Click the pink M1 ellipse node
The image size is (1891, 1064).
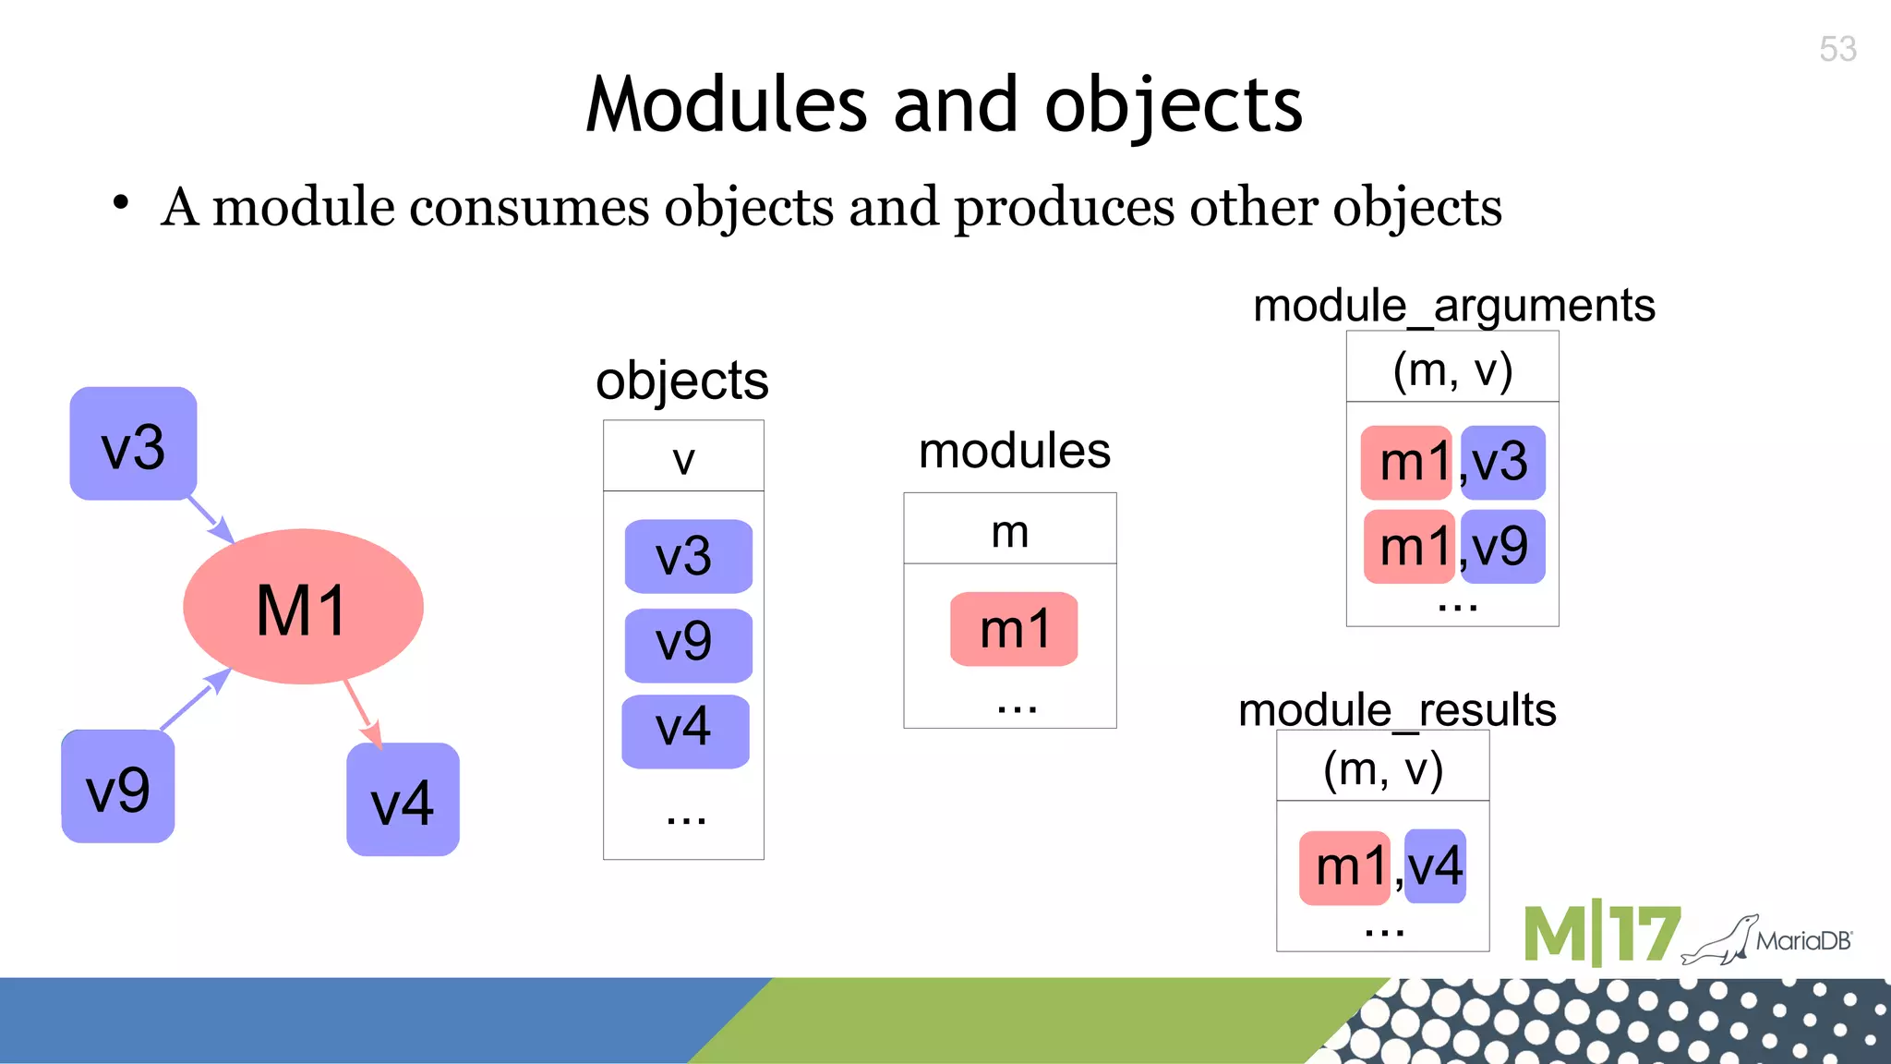pyautogui.click(x=303, y=607)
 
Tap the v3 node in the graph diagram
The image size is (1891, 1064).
pyautogui.click(x=133, y=444)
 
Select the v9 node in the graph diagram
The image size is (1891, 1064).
pyautogui.click(x=117, y=787)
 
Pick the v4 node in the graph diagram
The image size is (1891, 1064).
pyautogui.click(x=403, y=800)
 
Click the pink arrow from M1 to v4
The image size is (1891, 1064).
pyautogui.click(x=360, y=712)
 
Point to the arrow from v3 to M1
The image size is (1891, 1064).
pyautogui.click(x=211, y=520)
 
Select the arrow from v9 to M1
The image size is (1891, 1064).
pyautogui.click(x=194, y=701)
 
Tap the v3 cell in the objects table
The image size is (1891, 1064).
pyautogui.click(x=688, y=557)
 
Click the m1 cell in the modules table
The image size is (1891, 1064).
pyautogui.click(x=1014, y=629)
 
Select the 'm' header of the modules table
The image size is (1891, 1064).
pyautogui.click(x=1009, y=530)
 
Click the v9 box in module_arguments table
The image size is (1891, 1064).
pyautogui.click(x=1502, y=547)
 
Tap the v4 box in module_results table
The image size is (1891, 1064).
pyautogui.click(x=1435, y=866)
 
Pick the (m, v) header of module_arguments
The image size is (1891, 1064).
pyautogui.click(x=1452, y=369)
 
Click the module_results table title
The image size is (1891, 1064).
pyautogui.click(x=1396, y=709)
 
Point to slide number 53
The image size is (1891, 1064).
pyautogui.click(x=1837, y=49)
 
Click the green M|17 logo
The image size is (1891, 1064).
pyautogui.click(x=1601, y=935)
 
